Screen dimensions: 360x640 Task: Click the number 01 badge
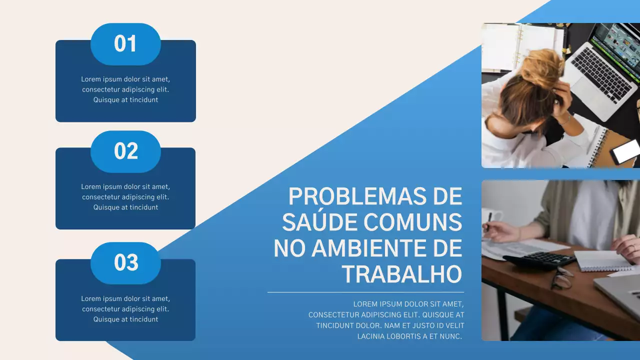coord(125,44)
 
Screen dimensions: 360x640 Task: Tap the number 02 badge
coord(125,151)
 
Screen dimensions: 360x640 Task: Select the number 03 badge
coord(125,263)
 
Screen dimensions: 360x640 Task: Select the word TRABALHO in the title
coord(401,274)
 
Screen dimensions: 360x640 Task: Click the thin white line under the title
coord(365,292)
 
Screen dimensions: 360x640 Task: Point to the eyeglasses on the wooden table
coord(562,278)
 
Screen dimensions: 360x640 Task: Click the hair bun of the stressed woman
coord(542,67)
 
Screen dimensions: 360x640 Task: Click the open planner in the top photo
coord(520,45)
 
